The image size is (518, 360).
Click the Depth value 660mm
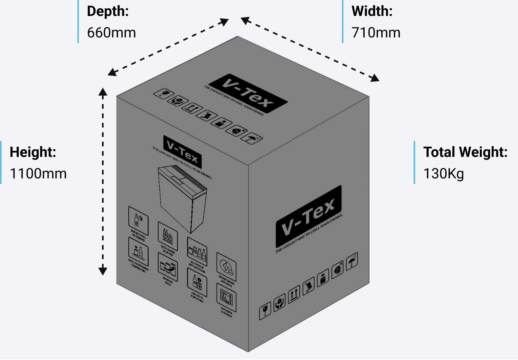(112, 32)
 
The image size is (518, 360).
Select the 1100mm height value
(38, 173)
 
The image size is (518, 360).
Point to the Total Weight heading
(465, 152)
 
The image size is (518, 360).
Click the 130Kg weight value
(443, 174)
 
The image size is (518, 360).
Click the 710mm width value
(376, 32)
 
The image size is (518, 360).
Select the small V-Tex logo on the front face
(182, 152)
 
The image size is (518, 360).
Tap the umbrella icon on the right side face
(351, 261)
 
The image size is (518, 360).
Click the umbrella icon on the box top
(252, 139)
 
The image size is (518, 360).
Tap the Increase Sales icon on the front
(168, 268)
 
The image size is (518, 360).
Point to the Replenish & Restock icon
(226, 297)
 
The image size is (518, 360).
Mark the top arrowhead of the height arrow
(103, 93)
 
